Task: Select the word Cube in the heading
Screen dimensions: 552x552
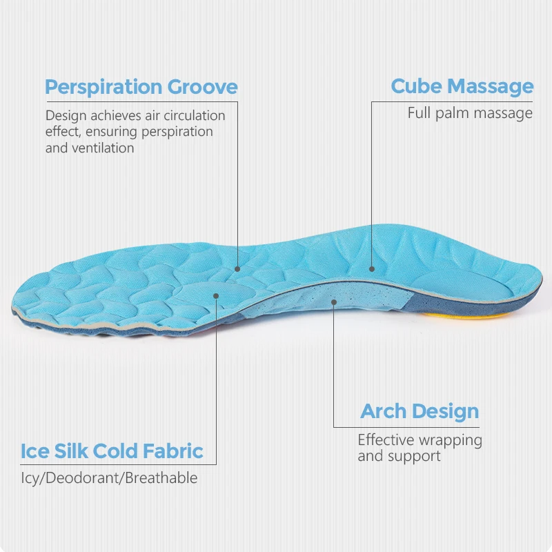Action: point(415,87)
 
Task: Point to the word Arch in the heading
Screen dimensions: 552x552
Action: point(383,412)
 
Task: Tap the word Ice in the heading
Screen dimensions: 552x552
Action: point(34,452)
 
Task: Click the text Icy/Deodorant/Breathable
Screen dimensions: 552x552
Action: point(109,477)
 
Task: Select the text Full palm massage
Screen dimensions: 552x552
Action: point(470,112)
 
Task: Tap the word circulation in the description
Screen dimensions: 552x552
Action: point(190,115)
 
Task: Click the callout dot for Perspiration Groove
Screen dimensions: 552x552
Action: point(237,270)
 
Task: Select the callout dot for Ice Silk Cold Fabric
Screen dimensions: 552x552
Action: point(216,295)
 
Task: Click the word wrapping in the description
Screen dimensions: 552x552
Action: point(451,440)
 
